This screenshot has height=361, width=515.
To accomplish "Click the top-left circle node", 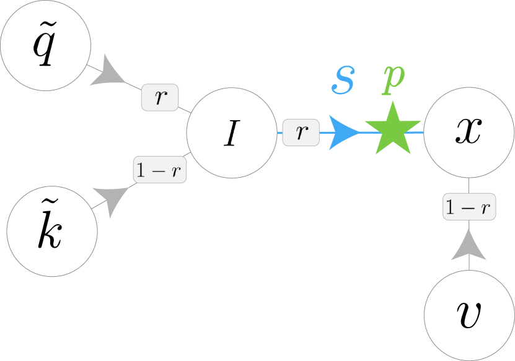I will (x=46, y=45).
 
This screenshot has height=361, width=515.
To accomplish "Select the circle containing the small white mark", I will (x=52, y=231).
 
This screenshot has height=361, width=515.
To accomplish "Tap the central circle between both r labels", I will (x=232, y=133).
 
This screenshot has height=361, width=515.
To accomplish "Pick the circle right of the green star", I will (x=469, y=133).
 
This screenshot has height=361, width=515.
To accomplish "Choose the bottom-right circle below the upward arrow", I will (x=469, y=315).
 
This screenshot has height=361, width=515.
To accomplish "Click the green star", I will (x=392, y=129).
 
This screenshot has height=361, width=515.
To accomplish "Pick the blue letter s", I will (x=343, y=80).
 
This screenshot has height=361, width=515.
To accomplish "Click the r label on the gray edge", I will (x=160, y=97).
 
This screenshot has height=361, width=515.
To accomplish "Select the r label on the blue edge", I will (x=301, y=132).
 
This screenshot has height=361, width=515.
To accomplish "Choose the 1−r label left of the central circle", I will (x=160, y=170).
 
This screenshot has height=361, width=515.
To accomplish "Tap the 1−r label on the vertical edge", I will (x=469, y=206).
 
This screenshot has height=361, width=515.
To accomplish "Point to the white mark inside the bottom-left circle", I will (x=53, y=199).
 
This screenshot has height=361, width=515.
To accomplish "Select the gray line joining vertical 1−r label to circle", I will (x=469, y=186).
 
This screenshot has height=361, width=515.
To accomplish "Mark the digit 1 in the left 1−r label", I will (x=142, y=170).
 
